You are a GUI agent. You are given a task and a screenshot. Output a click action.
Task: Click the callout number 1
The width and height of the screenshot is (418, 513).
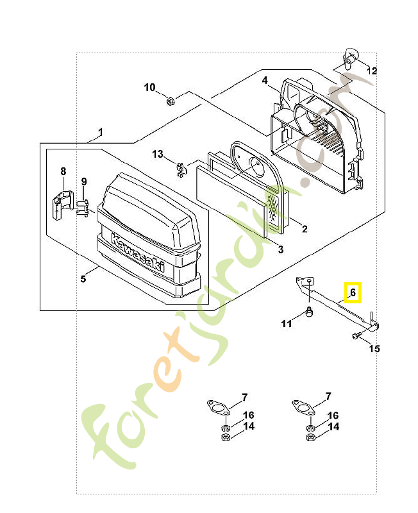pos(100,133)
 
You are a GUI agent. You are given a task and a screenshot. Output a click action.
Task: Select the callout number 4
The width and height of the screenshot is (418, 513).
pos(264,80)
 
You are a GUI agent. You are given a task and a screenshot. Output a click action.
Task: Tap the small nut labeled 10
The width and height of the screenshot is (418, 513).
pos(170,100)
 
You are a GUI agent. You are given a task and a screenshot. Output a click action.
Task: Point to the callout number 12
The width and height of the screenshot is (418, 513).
pos(372,71)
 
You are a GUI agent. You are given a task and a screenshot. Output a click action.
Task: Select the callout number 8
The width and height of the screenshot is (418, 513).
pos(63,171)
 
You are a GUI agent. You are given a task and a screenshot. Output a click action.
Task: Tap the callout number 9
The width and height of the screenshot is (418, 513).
pos(83,182)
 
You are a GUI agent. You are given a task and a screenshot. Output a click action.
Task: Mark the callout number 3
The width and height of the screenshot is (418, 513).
pos(280,249)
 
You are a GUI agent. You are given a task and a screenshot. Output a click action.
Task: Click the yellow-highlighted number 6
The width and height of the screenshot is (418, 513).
pos(352,292)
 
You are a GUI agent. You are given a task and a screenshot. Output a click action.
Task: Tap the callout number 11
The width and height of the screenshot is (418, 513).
pos(287,324)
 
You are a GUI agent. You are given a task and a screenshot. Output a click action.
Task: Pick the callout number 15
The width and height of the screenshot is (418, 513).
pos(374,349)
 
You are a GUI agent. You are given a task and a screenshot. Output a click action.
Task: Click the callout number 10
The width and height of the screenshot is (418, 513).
pos(149,87)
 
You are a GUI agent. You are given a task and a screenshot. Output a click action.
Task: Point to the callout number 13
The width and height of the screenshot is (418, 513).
pos(158,154)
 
